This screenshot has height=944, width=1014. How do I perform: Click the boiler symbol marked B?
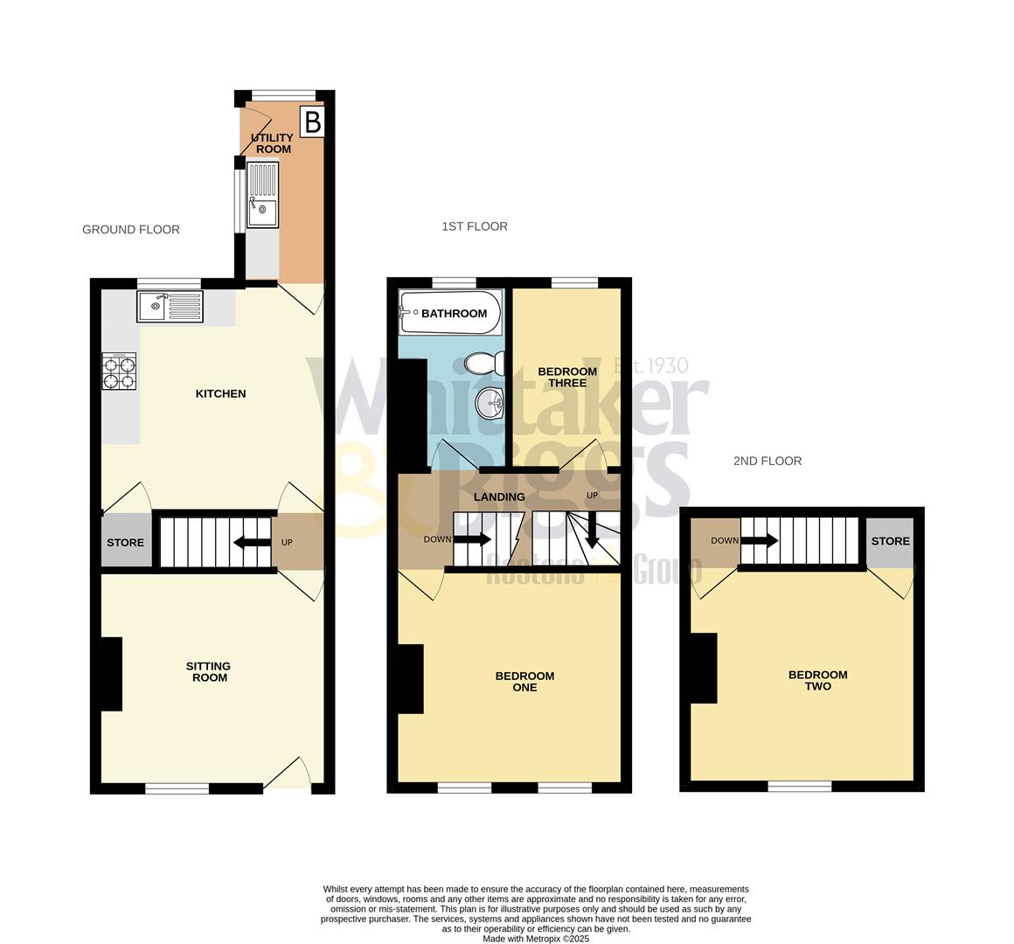tap(312, 122)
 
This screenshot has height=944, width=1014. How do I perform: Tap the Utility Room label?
tap(273, 143)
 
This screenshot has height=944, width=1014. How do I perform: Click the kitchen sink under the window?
tap(170, 306)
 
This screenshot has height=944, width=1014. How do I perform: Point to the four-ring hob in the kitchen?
tap(120, 371)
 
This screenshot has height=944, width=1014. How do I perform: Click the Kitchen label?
tap(220, 393)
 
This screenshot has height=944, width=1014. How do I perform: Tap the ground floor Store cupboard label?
tap(125, 543)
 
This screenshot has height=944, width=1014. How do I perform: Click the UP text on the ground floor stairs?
tap(287, 543)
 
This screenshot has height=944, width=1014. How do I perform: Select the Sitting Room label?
tap(208, 671)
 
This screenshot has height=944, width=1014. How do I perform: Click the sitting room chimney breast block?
tap(111, 674)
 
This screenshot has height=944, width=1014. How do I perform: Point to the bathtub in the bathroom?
tap(450, 314)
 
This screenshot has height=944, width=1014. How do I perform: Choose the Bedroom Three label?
tap(567, 377)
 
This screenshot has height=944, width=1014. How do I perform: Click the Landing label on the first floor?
tap(499, 496)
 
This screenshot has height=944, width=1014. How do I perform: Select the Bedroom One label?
tap(524, 681)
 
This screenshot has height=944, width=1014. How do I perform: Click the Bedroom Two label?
tap(817, 680)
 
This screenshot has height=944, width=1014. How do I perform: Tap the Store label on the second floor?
tap(890, 541)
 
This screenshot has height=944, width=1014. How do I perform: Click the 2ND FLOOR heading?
tap(767, 461)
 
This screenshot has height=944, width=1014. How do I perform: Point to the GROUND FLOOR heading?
tap(131, 229)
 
